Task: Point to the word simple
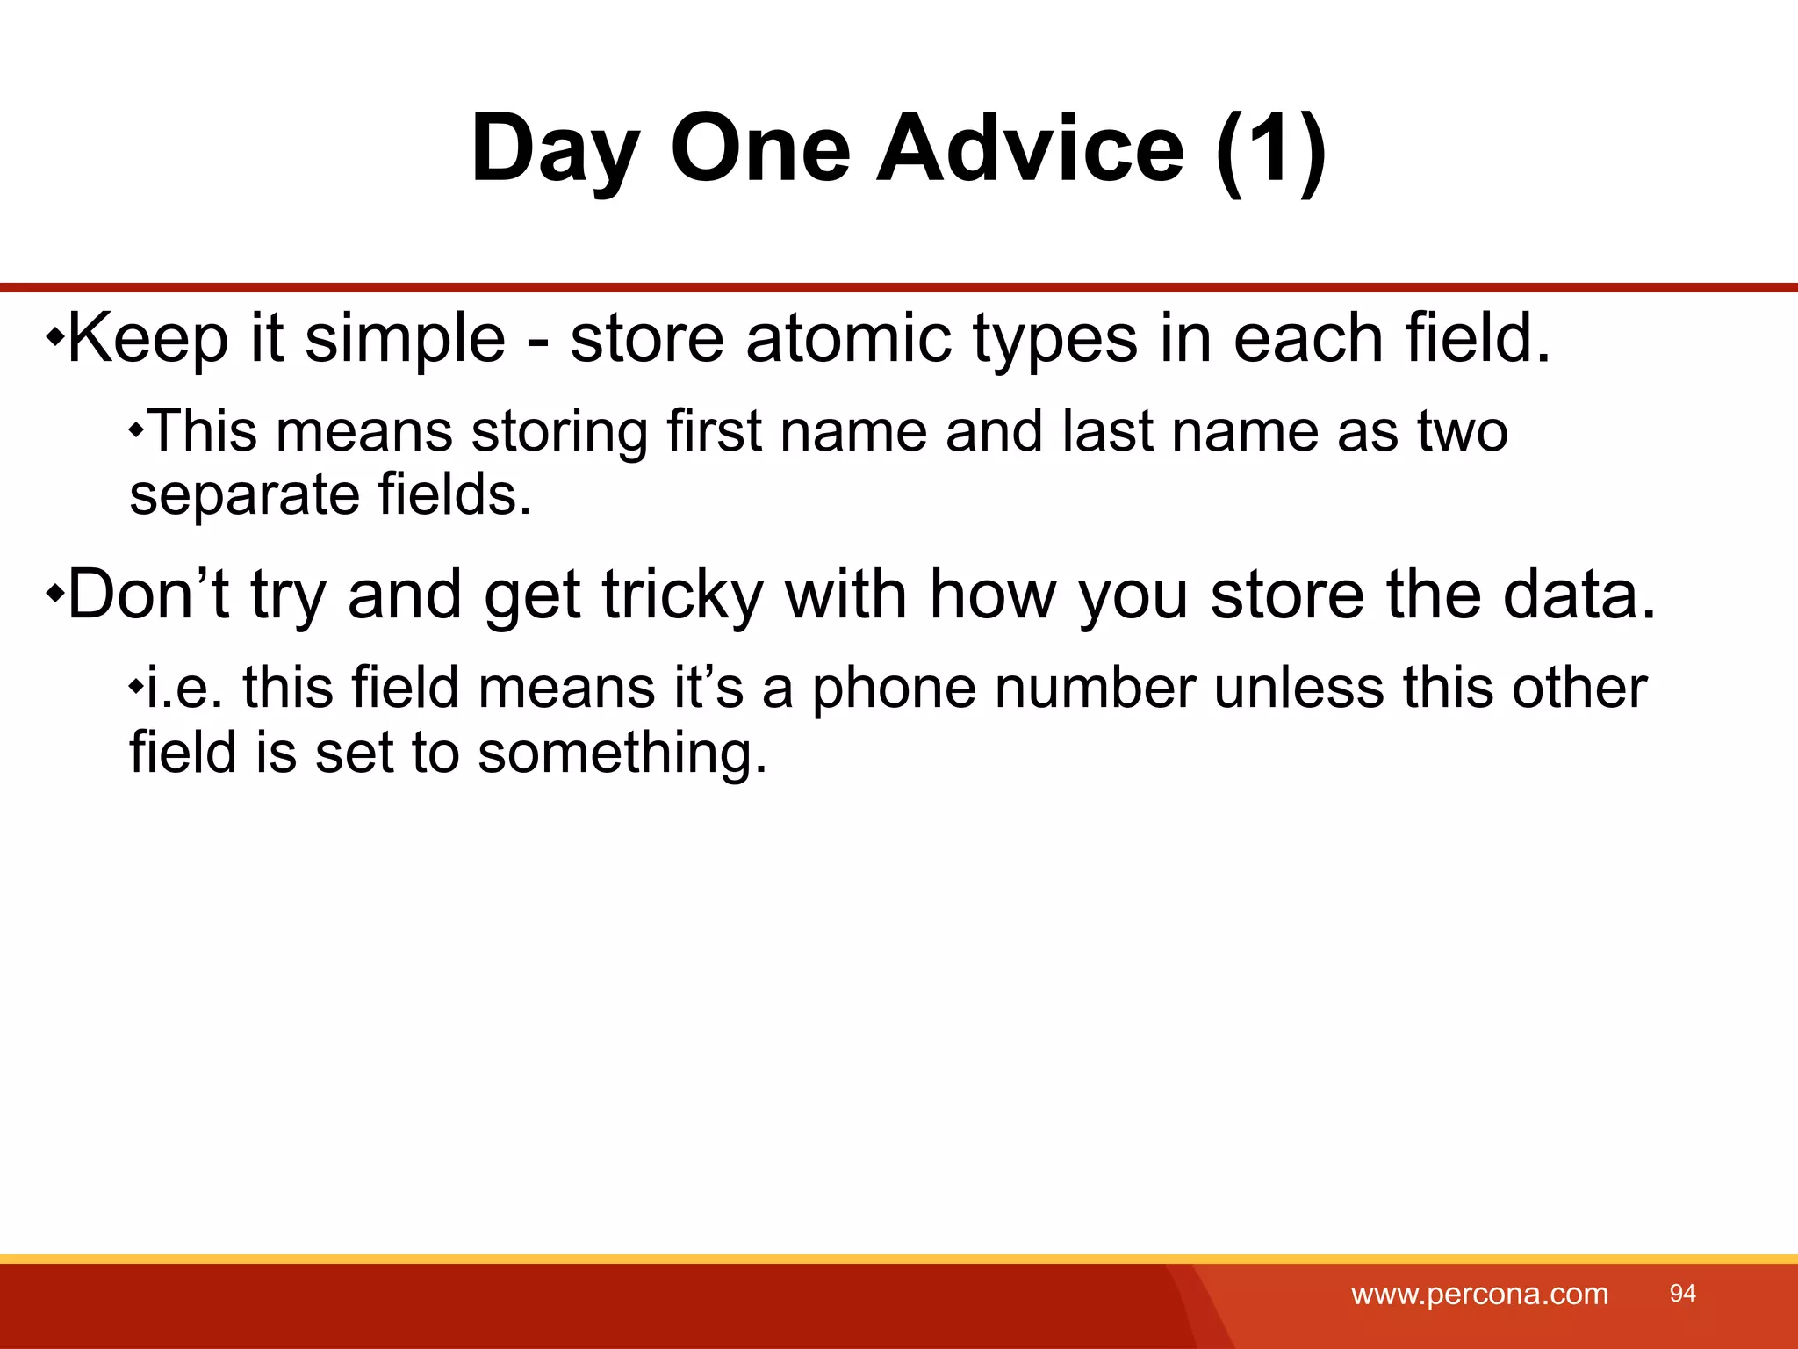[405, 341]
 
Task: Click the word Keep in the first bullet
[147, 339]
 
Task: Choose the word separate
[244, 495]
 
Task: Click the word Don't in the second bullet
[148, 595]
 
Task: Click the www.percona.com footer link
[1479, 1294]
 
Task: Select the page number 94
[1682, 1293]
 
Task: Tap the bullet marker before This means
[136, 430]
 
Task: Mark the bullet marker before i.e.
[136, 686]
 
